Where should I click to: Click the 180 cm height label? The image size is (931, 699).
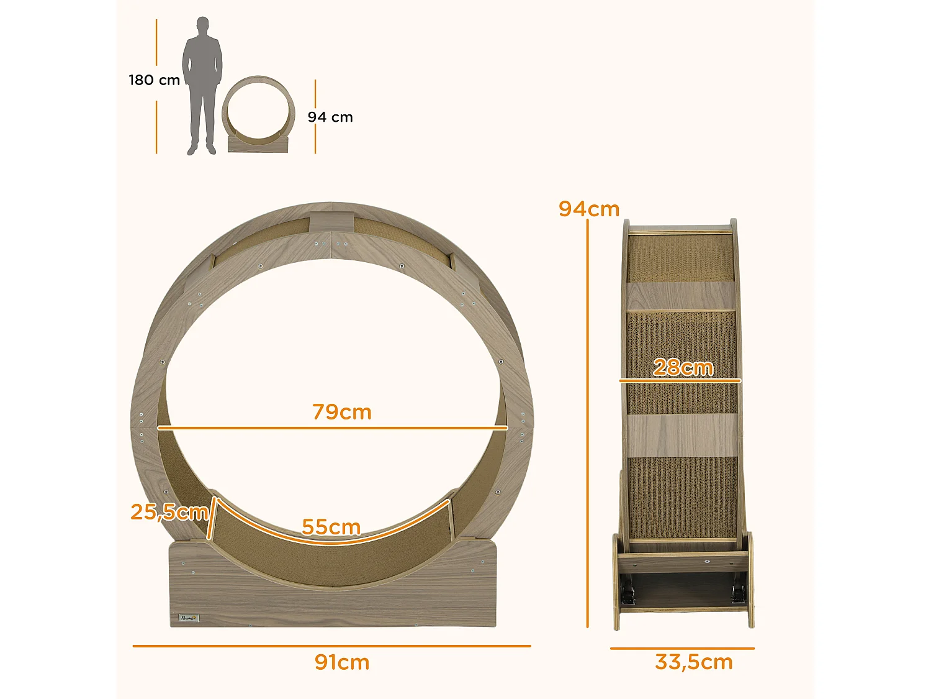154,80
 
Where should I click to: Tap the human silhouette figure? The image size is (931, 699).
202,87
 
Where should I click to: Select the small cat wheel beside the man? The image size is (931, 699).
258,115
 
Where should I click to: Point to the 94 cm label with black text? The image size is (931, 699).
330,117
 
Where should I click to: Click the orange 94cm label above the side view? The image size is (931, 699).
588,209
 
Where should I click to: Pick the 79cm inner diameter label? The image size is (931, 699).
342,412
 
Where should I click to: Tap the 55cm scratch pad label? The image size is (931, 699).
331,527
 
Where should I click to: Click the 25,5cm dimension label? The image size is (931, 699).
169,512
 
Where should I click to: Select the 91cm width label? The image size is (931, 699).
342,662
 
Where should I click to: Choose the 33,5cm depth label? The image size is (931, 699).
693,662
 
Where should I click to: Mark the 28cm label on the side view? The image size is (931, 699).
683,367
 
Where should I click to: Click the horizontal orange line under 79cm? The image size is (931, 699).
332,428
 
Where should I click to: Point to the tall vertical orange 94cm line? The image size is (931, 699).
587,423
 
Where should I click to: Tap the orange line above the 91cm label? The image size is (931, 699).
331,646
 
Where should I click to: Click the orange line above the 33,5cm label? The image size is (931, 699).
681,649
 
